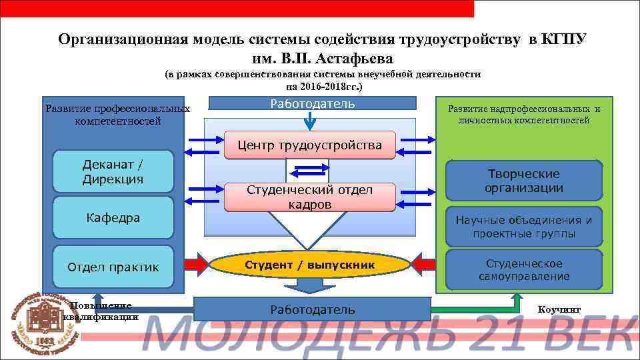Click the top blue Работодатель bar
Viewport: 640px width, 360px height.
[312, 103]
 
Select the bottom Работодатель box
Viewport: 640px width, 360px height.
[312, 309]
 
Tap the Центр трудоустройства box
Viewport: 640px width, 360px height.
[310, 145]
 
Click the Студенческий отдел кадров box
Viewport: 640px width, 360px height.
[310, 197]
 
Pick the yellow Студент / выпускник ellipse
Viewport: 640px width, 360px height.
[310, 265]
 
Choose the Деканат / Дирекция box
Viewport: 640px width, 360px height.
[113, 172]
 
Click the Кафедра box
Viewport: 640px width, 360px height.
[113, 218]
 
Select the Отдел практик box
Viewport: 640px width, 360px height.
[113, 267]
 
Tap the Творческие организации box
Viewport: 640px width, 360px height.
[523, 181]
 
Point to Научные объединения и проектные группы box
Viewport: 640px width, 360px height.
[523, 227]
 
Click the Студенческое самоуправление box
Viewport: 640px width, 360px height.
[523, 270]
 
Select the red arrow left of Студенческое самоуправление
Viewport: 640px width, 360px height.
[426, 265]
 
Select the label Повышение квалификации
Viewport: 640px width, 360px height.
[100, 311]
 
